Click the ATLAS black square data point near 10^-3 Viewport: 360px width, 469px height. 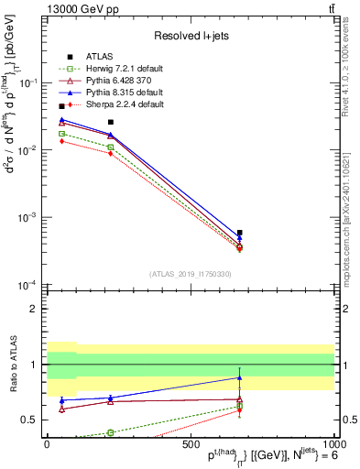click(239, 233)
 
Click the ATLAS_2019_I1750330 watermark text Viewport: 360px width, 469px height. click(190, 274)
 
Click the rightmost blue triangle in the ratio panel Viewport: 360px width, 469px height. click(239, 377)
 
